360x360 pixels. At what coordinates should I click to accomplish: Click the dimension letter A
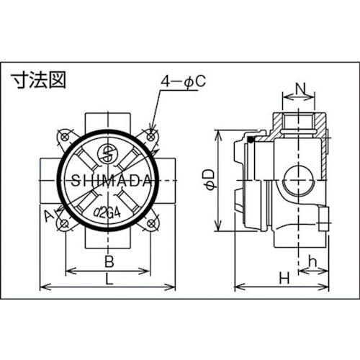point(48,215)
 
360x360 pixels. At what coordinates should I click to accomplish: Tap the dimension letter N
point(300,92)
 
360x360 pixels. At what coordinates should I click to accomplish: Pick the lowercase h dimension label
point(312,261)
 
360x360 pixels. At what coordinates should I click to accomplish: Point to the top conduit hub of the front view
point(108,119)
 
